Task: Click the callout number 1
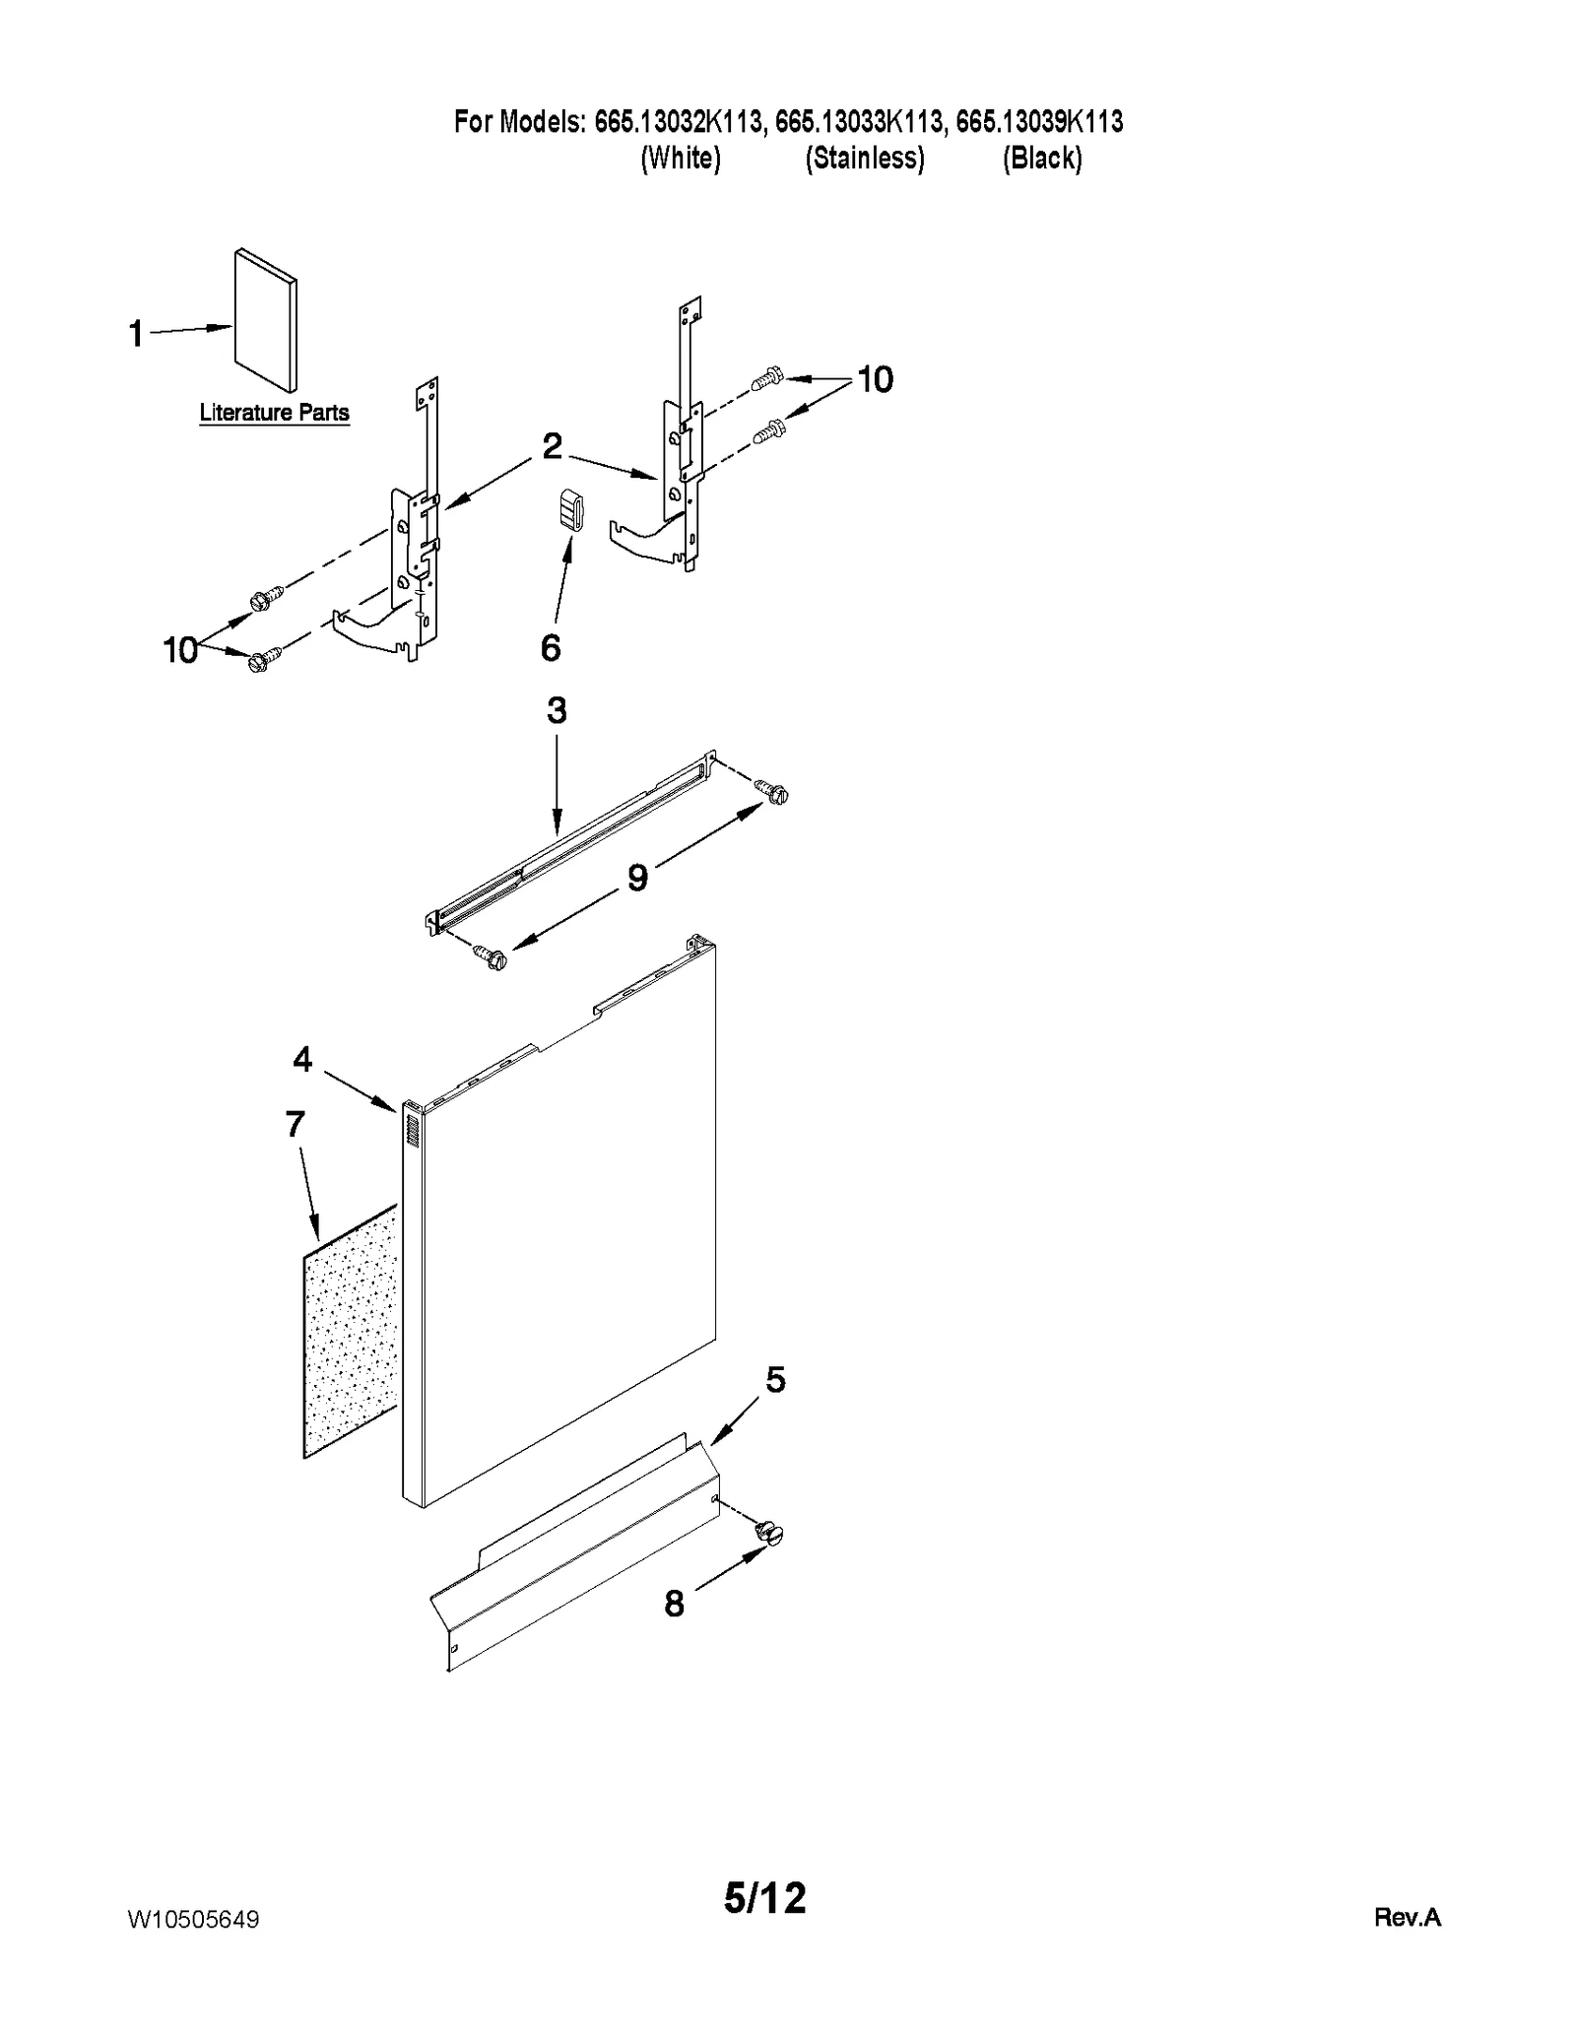click(x=136, y=334)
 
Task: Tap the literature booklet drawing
click(x=266, y=320)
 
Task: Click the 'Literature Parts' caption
click(x=274, y=413)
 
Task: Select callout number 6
click(x=551, y=648)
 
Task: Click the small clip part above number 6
click(x=571, y=509)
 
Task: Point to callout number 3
click(x=557, y=710)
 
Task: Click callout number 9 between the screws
click(x=638, y=877)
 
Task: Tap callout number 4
click(x=302, y=1059)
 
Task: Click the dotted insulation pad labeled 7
click(x=351, y=1330)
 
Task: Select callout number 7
click(x=295, y=1123)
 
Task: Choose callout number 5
click(x=775, y=1380)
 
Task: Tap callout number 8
click(x=674, y=1605)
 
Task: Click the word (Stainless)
click(x=864, y=158)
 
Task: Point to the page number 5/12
click(x=764, y=1897)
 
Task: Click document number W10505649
click(x=194, y=1920)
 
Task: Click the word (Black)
click(x=1042, y=158)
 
